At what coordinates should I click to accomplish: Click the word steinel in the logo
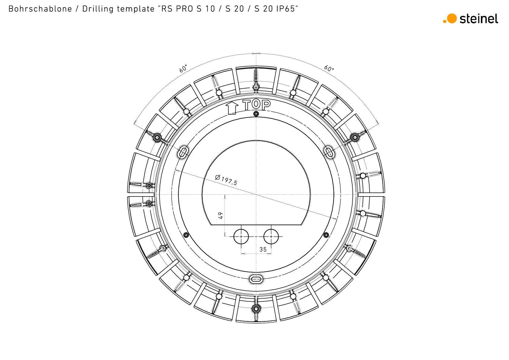pos(479,19)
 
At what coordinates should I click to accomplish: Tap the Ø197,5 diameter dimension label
pos(226,180)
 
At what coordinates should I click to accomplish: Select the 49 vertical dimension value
pos(220,216)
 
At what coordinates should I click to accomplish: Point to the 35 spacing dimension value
pos(263,250)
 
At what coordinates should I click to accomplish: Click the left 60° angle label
pos(183,69)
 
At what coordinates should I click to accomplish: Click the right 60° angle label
pos(329,68)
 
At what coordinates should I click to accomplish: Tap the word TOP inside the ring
pos(257,105)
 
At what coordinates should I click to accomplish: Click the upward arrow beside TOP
pos(232,108)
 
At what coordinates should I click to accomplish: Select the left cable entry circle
pos(241,237)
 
